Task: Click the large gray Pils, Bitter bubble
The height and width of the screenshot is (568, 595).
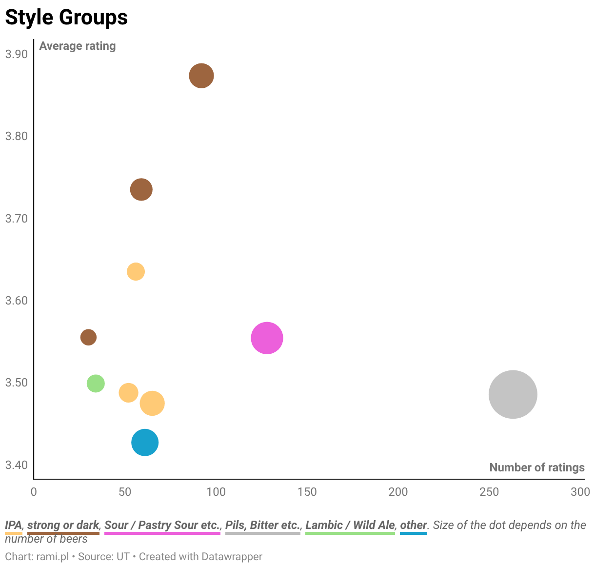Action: (x=513, y=394)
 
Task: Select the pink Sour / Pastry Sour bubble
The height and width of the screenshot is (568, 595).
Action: (x=267, y=338)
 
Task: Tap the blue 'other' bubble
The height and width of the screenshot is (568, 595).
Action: (x=145, y=442)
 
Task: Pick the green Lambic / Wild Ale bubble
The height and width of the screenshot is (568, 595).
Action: (x=96, y=383)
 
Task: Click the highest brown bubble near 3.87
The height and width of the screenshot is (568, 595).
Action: (x=201, y=76)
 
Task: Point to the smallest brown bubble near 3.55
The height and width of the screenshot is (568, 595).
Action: (x=88, y=337)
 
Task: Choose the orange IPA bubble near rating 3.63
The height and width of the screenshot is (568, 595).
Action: (x=136, y=271)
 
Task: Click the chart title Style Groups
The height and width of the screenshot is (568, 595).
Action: (x=67, y=17)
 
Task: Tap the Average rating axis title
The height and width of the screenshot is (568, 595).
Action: (x=78, y=46)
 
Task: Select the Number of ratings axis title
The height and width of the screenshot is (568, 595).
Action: (x=537, y=467)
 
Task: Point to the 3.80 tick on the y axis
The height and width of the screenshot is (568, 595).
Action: (x=17, y=136)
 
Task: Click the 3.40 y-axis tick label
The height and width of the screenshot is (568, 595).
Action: (x=17, y=465)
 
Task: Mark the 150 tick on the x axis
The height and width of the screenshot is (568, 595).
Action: (x=307, y=492)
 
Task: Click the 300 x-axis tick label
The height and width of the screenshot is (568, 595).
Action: (x=580, y=492)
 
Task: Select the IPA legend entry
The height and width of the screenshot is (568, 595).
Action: (x=14, y=525)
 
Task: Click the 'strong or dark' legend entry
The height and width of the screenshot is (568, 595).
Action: (x=63, y=525)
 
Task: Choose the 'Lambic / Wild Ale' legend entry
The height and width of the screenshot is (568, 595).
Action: (x=350, y=525)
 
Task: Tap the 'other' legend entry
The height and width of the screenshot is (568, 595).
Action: (x=414, y=525)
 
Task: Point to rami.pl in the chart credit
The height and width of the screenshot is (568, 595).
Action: (x=53, y=557)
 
